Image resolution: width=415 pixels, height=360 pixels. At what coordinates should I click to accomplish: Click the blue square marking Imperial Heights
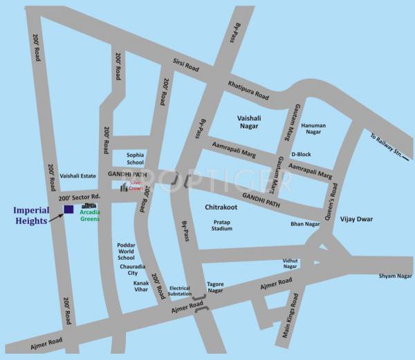(68, 209)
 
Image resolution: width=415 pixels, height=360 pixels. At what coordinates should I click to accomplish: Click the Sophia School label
(135, 159)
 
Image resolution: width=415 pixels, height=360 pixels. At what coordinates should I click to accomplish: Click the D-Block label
(302, 154)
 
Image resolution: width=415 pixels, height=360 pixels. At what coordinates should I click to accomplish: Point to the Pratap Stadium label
(222, 225)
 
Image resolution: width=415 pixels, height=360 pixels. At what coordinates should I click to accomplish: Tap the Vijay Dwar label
(356, 219)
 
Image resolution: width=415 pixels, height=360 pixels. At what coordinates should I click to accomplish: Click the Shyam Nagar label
(395, 276)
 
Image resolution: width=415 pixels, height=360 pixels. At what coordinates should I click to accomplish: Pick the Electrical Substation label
(179, 292)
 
